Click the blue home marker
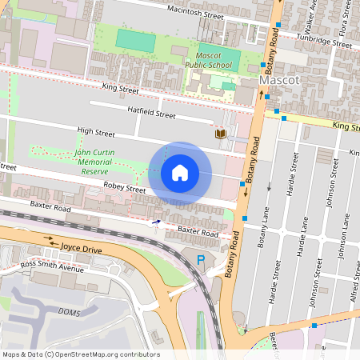pyautogui.click(x=180, y=172)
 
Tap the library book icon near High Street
pyautogui.click(x=219, y=134)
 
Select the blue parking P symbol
pyautogui.click(x=201, y=260)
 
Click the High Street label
pyautogui.click(x=96, y=131)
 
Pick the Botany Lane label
pyautogui.click(x=262, y=238)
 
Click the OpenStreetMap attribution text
pyautogui.click(x=80, y=354)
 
